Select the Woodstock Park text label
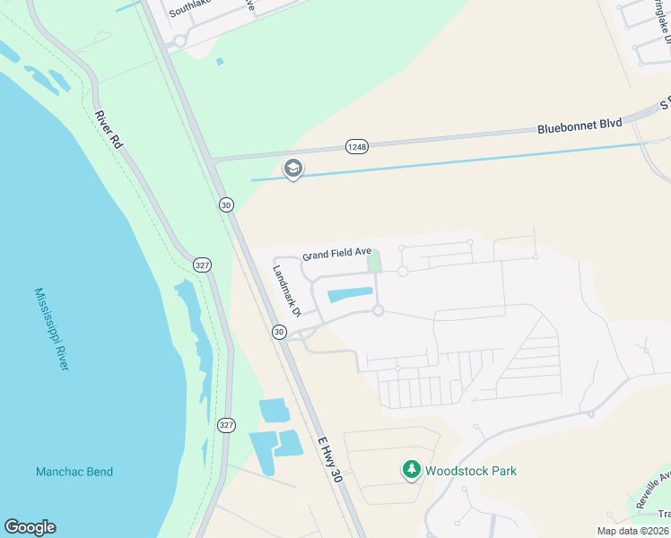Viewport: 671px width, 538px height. [471, 471]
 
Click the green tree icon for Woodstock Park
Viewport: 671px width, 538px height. [411, 469]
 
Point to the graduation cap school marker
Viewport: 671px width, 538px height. [292, 168]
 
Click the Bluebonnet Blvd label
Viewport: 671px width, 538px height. [579, 127]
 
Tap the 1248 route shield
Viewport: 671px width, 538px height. [356, 145]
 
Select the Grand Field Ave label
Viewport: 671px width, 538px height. [336, 255]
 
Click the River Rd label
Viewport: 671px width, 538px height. [108, 129]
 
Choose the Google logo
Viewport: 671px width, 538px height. [30, 527]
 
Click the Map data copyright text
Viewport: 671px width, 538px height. [632, 531]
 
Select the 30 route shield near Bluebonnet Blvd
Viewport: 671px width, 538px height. [226, 205]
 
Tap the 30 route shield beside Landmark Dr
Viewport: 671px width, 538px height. [279, 332]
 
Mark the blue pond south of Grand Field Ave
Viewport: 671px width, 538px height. [351, 295]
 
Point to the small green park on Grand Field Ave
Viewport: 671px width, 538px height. [375, 261]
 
